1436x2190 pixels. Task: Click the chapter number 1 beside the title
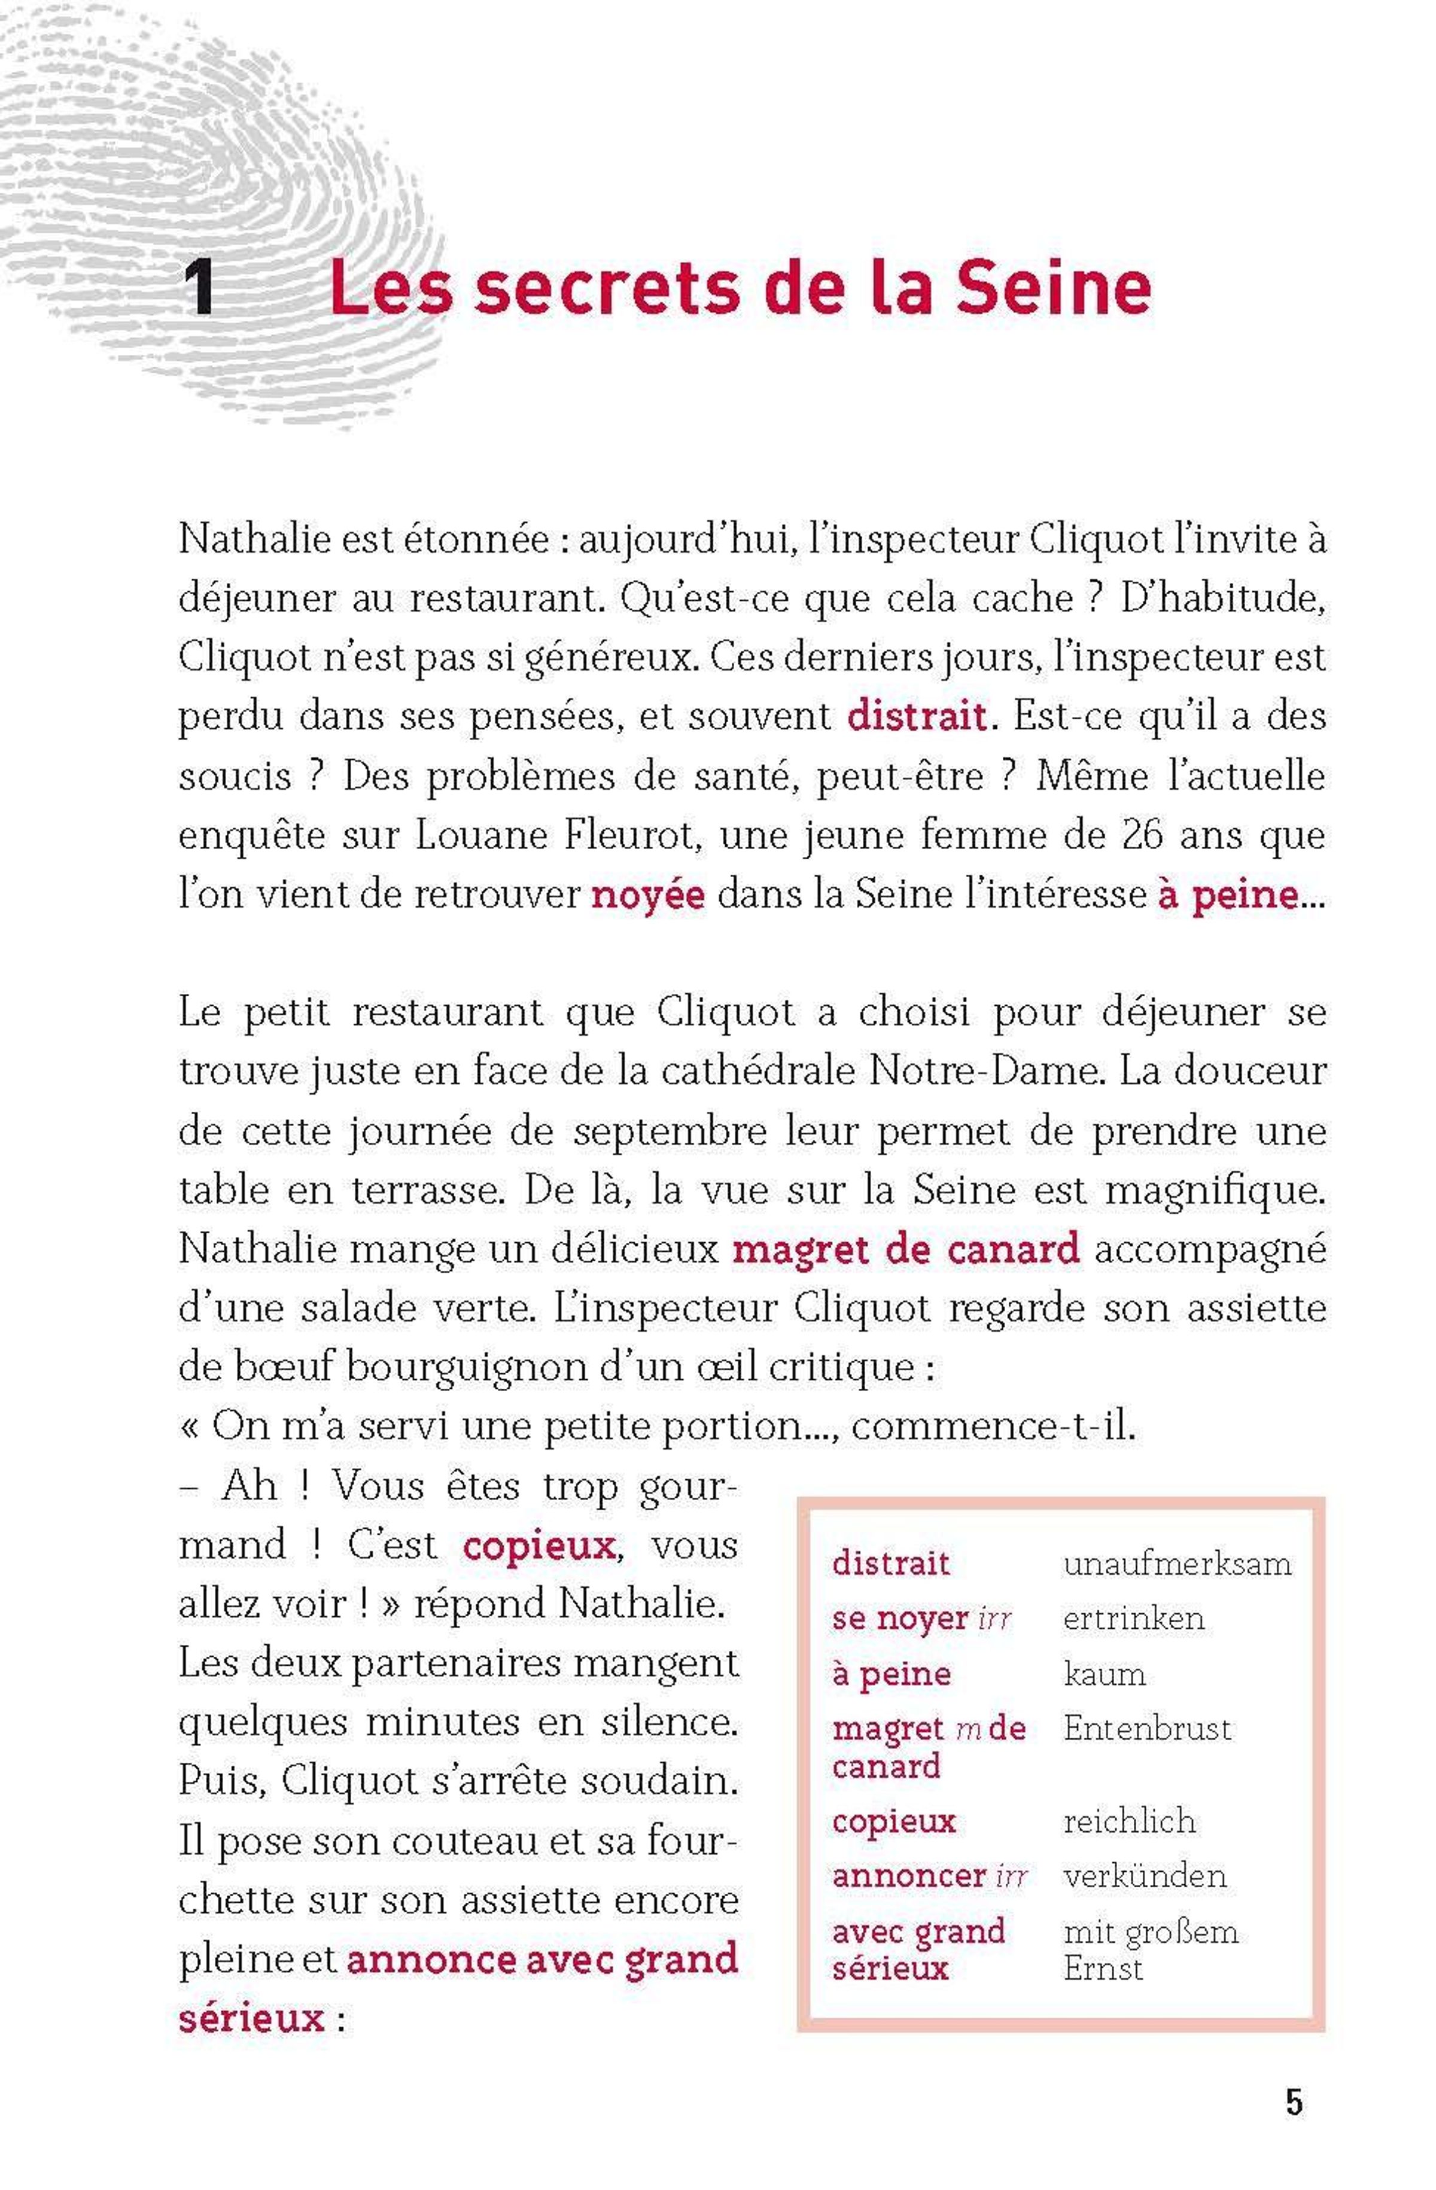pyautogui.click(x=200, y=288)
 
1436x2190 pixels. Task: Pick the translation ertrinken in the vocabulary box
pyautogui.click(x=1133, y=1619)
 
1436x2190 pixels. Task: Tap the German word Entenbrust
pyautogui.click(x=1146, y=1729)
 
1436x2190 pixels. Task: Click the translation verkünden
pyautogui.click(x=1145, y=1876)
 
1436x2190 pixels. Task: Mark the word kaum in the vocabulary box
pyautogui.click(x=1104, y=1674)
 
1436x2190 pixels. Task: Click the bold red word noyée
pyautogui.click(x=647, y=895)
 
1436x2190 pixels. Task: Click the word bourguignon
pyautogui.click(x=467, y=1367)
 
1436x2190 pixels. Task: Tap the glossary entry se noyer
pyautogui.click(x=900, y=1619)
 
